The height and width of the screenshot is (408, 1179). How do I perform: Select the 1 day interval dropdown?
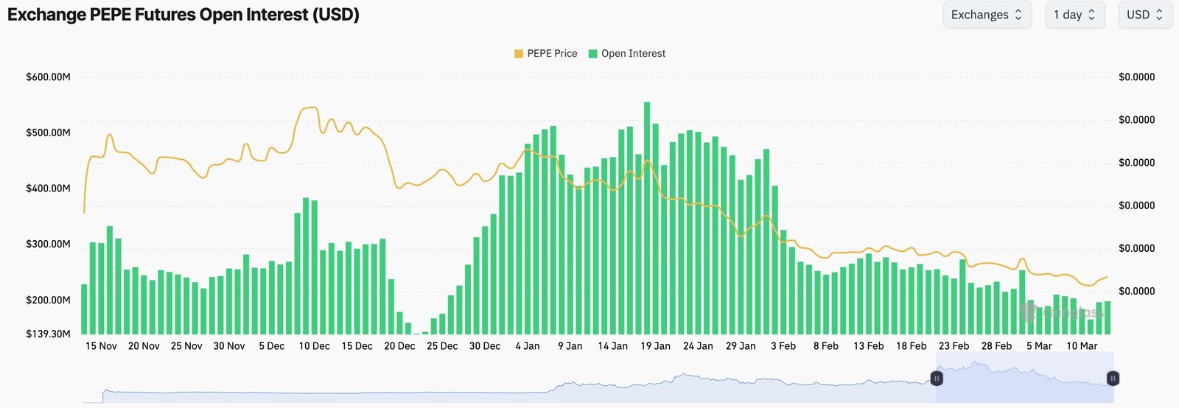pyautogui.click(x=1074, y=15)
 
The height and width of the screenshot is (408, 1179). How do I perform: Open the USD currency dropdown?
pyautogui.click(x=1145, y=15)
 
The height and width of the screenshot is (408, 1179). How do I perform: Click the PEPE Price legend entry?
pyautogui.click(x=546, y=54)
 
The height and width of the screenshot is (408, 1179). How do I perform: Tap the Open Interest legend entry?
pyautogui.click(x=627, y=54)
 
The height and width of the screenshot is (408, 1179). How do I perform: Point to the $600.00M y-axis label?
pyautogui.click(x=49, y=77)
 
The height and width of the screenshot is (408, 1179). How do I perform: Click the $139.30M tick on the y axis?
pyautogui.click(x=49, y=334)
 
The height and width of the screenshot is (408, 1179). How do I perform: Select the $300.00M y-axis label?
pyautogui.click(x=49, y=244)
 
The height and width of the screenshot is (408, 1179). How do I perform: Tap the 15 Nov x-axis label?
pyautogui.click(x=101, y=346)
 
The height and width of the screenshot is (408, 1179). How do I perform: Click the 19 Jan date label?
pyautogui.click(x=655, y=346)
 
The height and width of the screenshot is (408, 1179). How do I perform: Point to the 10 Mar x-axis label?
pyautogui.click(x=1082, y=346)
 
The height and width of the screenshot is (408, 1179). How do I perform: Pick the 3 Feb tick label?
pyautogui.click(x=783, y=346)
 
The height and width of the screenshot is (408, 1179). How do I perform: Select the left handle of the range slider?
pyautogui.click(x=937, y=379)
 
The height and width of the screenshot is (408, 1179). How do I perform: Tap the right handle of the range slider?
pyautogui.click(x=1113, y=379)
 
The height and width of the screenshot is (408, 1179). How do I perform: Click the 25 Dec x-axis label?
pyautogui.click(x=442, y=346)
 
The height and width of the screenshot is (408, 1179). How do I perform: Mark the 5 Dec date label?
pyautogui.click(x=271, y=346)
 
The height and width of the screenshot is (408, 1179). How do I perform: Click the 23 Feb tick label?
pyautogui.click(x=954, y=346)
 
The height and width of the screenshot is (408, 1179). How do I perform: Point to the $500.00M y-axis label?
pyautogui.click(x=49, y=133)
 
